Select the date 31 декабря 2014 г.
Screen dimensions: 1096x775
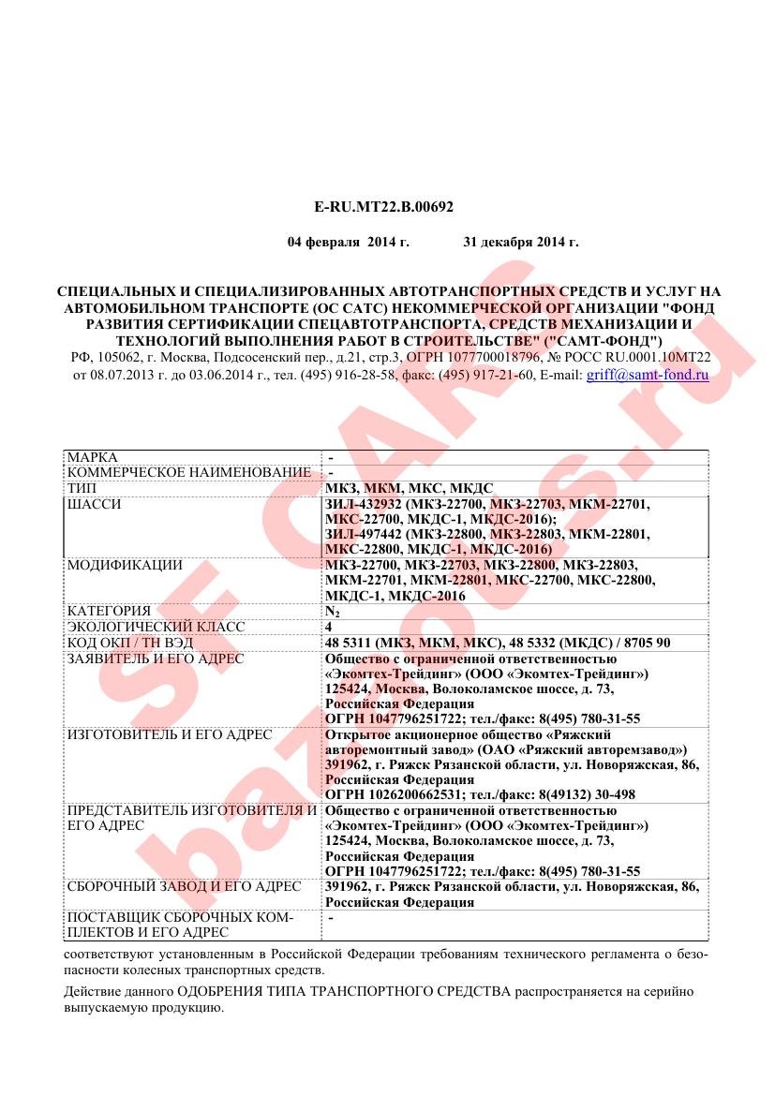pyautogui.click(x=521, y=242)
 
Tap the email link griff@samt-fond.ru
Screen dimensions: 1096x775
pyautogui.click(x=647, y=375)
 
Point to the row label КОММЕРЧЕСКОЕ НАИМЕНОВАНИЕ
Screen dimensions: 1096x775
pyautogui.click(x=188, y=472)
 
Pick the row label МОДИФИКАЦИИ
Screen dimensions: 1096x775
pyautogui.click(x=125, y=565)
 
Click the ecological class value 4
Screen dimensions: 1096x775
pyautogui.click(x=329, y=626)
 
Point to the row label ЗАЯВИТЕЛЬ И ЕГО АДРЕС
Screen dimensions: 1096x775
pyautogui.click(x=156, y=659)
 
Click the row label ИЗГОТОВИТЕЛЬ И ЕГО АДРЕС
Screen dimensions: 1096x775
pyautogui.click(x=169, y=734)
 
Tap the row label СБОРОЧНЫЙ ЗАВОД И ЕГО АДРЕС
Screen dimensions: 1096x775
pyautogui.click(x=184, y=886)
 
